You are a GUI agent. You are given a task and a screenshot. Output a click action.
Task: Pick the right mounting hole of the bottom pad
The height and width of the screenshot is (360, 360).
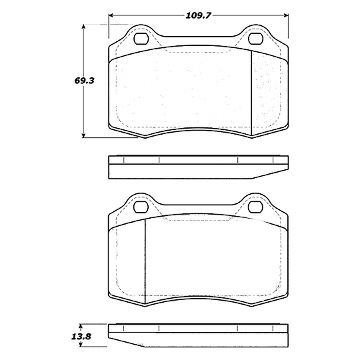coord(255,207)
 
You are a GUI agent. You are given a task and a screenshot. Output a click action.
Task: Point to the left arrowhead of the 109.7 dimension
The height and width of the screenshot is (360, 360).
coord(112,14)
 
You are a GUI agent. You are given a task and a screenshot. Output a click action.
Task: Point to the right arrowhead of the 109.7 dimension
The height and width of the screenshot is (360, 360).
coord(286,14)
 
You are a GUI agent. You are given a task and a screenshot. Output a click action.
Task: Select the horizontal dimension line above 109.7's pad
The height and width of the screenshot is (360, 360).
coord(153,14)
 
